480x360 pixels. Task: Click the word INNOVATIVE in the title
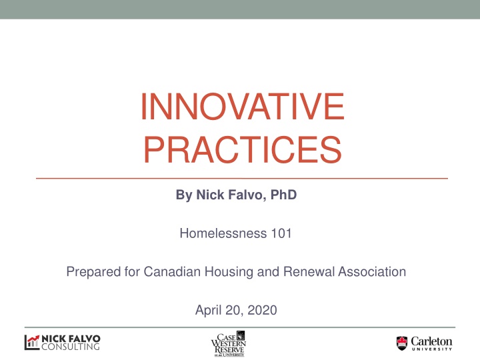coord(243,107)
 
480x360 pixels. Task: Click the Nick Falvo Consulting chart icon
coord(32,343)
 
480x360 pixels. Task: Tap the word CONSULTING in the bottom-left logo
coord(71,347)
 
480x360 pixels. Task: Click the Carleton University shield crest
coord(402,343)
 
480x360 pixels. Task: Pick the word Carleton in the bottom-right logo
coord(431,341)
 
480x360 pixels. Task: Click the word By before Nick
coord(183,196)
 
